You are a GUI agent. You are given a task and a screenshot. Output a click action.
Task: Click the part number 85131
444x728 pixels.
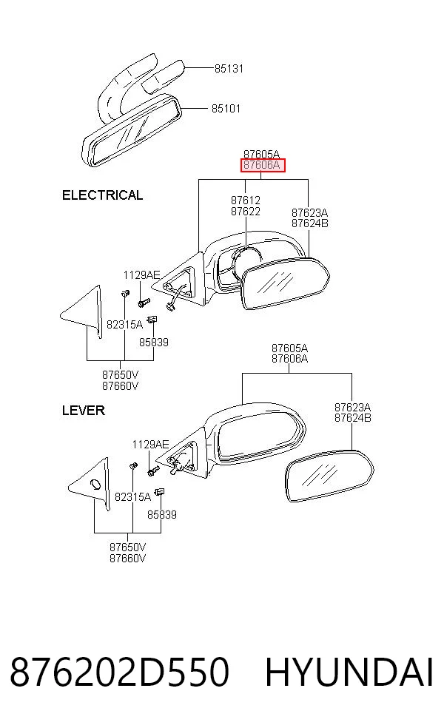point(229,69)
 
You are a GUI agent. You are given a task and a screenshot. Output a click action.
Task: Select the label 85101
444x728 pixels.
point(226,109)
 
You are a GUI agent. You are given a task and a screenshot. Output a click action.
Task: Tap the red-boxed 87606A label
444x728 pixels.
point(263,165)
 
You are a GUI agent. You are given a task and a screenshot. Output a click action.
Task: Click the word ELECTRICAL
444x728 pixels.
point(102,195)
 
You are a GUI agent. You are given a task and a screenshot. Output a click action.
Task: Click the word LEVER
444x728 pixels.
point(84,411)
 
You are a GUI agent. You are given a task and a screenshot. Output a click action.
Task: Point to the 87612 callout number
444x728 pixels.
point(246,200)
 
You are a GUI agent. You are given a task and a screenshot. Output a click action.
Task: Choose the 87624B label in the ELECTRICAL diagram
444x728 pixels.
point(310,223)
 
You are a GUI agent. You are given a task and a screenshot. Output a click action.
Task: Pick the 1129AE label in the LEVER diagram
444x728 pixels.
point(150,445)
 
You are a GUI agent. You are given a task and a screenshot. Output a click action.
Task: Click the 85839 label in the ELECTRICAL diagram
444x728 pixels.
point(154,343)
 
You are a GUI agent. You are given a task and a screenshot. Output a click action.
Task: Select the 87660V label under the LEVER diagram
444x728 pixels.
point(128,559)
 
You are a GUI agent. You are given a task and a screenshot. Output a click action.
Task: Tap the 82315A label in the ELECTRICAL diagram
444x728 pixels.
point(124,325)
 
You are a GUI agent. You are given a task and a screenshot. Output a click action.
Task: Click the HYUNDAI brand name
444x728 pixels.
point(349,672)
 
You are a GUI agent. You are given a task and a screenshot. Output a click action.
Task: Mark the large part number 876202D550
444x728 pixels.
point(119,672)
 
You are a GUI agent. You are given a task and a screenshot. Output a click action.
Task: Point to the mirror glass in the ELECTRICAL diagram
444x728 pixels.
point(286,283)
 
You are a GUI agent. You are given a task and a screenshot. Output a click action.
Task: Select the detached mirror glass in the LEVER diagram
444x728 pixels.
point(329,475)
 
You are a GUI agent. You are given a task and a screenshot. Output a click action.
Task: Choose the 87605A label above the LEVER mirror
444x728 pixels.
point(290,348)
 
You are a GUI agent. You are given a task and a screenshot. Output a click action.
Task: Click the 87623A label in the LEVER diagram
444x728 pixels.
point(352,408)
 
